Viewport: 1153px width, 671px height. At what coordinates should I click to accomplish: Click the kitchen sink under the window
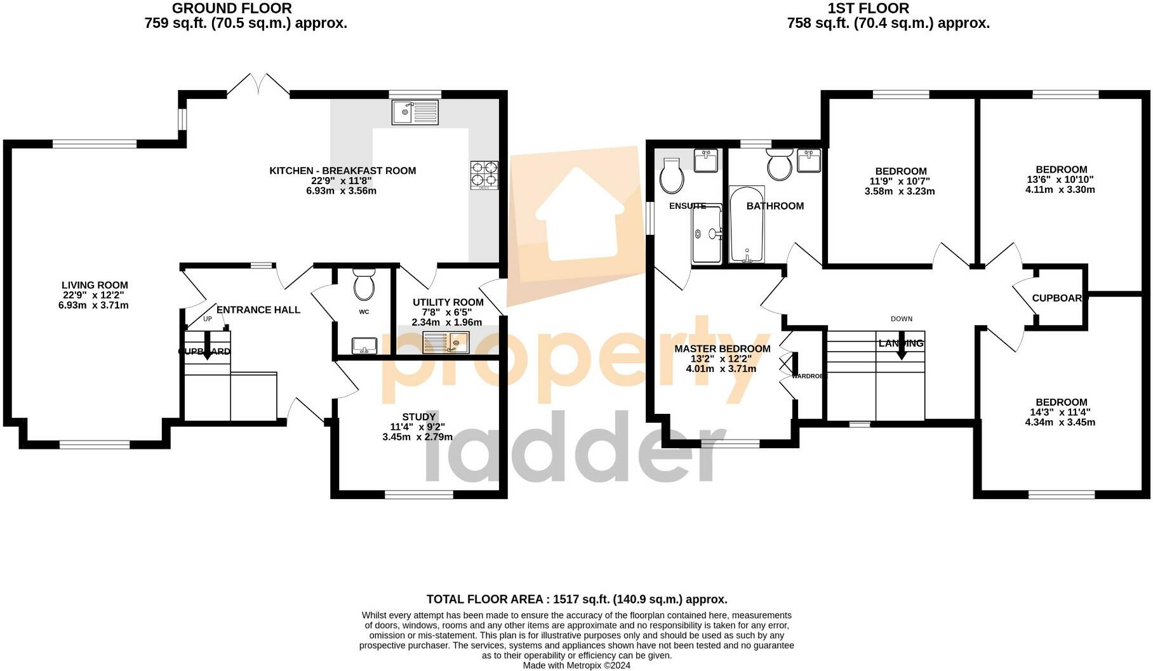pos(415,113)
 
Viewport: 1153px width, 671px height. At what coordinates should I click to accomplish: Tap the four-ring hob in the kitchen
pos(484,175)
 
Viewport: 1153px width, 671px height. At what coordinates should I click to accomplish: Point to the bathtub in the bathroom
pos(747,225)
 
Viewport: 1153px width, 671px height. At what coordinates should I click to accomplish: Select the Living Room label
pos(95,286)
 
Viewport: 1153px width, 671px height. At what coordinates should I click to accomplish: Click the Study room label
pos(418,417)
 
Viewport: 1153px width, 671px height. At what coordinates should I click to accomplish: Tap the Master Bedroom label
pos(722,349)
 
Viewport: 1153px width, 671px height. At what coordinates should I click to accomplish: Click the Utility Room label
pos(448,303)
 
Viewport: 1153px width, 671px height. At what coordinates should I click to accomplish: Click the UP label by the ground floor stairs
pos(208,319)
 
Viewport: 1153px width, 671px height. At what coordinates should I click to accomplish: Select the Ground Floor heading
pos(232,9)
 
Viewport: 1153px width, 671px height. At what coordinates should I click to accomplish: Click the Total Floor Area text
pos(576,599)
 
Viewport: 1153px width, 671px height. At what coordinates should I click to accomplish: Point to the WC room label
pos(364,312)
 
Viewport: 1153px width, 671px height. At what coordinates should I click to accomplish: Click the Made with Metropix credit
pos(576,665)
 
